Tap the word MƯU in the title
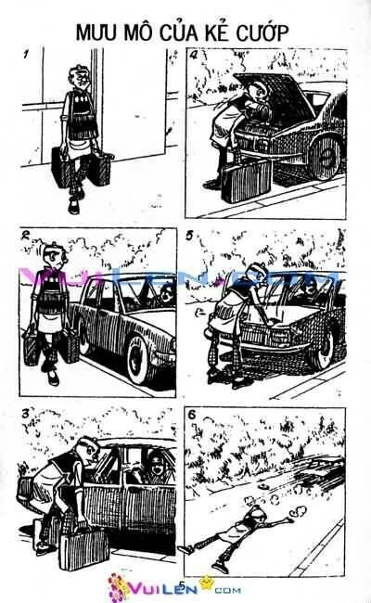tap(97, 33)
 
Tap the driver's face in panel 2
tap(163, 298)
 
